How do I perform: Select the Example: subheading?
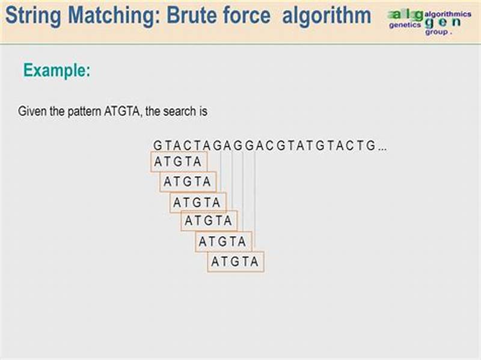pos(57,71)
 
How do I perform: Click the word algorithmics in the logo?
pos(448,13)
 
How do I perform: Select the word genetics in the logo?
pos(405,26)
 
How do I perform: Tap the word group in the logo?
pos(437,32)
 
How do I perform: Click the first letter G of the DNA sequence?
pos(158,145)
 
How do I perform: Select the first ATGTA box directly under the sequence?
pos(177,162)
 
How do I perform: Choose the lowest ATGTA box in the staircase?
pos(235,261)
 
